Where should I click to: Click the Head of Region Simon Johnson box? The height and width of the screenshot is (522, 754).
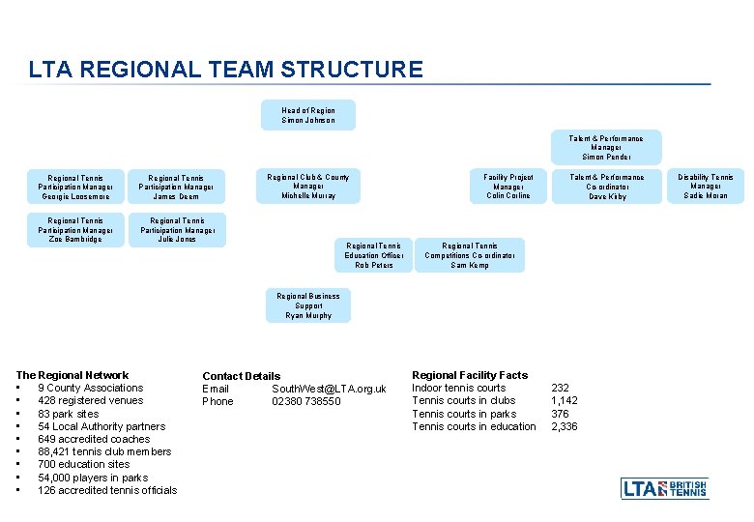pos(308,115)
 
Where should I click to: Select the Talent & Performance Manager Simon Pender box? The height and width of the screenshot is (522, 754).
pos(606,147)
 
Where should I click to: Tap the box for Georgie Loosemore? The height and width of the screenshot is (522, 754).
pos(76,187)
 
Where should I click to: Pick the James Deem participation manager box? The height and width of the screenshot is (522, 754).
pos(175,187)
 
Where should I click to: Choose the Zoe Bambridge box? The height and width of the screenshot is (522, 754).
pos(76,230)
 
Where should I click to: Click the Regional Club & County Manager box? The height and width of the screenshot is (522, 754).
pos(308,186)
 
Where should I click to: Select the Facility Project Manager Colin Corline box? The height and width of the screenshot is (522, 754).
pos(508,186)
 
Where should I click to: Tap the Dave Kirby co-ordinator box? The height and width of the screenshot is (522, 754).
pos(607,186)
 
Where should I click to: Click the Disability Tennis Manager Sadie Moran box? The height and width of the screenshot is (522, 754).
pos(706,186)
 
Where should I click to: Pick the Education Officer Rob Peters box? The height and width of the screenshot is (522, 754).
pos(374,255)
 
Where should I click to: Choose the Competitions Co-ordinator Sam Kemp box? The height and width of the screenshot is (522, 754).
pos(470,255)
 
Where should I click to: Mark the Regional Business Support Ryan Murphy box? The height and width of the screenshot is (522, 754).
pos(308,305)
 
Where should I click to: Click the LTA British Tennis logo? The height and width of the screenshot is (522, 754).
pos(664,488)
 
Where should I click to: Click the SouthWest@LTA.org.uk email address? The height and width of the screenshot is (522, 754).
pos(329,389)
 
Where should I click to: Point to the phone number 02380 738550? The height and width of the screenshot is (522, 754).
pos(305,401)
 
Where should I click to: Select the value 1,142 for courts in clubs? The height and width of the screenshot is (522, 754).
pos(565,400)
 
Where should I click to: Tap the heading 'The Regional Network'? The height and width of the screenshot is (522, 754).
pos(72,375)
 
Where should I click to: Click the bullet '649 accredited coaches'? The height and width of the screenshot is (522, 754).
pos(94,439)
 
